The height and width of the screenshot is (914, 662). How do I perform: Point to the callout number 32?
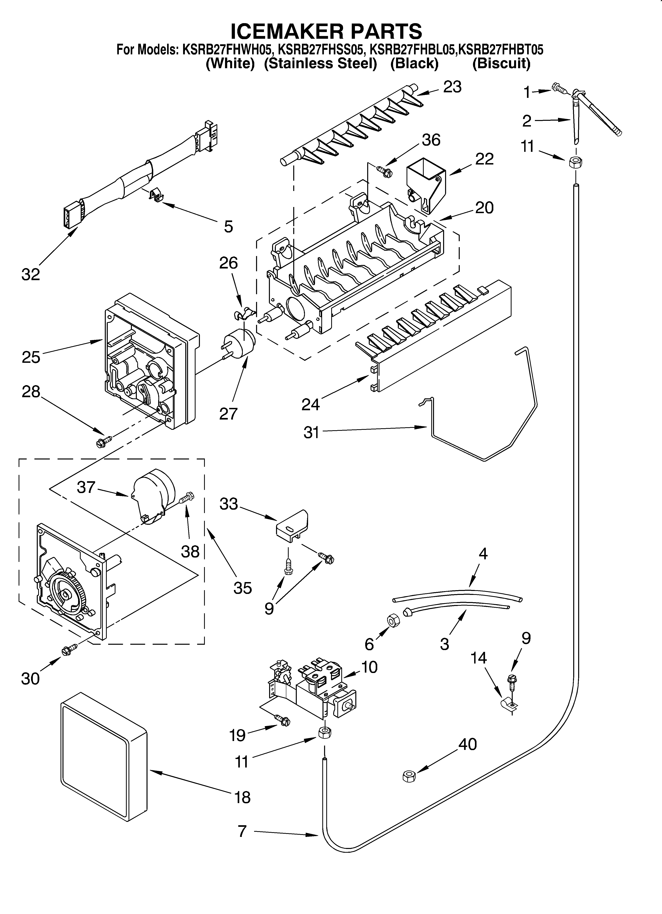tap(31, 274)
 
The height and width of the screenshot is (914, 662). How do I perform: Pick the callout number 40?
tap(468, 744)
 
